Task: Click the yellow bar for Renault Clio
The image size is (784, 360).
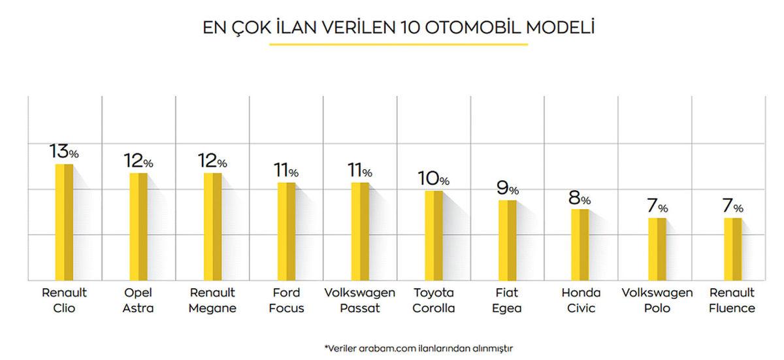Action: pos(64,222)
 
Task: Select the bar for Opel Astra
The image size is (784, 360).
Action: pos(138,227)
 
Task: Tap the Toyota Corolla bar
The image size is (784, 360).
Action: pos(434,235)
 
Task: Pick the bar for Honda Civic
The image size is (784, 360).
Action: pos(580,244)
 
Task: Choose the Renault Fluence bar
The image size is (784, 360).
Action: pos(732,249)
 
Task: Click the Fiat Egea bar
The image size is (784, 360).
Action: pos(508,240)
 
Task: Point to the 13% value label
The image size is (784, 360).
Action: pos(64,152)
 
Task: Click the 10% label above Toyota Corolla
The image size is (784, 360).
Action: pos(434,178)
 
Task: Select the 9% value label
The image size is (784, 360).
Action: pos(508,188)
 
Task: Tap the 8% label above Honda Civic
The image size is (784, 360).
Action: pos(580,197)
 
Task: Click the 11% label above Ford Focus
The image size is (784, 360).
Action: pos(286,171)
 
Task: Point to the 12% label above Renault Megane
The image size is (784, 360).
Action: pos(212,161)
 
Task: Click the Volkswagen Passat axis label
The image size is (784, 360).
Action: pos(360,301)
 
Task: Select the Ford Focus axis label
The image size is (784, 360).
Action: pos(286,301)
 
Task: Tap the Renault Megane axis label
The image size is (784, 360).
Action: pos(212,301)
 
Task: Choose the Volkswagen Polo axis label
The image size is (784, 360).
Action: pos(657,301)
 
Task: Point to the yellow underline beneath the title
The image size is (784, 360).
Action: pos(399,44)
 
